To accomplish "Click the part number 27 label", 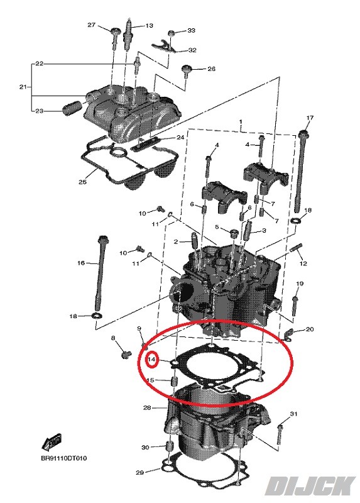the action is point(91,25).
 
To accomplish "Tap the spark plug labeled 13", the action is point(128,35).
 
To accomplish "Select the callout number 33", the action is point(191,30).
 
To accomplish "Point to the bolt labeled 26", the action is point(186,72).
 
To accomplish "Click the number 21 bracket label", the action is point(23,87).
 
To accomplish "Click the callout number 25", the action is point(83,182).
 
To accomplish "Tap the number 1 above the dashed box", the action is point(241,123).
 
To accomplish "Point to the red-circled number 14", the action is point(151,360).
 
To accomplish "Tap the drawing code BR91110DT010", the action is point(63,458).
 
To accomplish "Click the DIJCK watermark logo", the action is point(310,487).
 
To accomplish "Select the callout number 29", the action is point(139,472).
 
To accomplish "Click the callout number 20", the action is point(309,329).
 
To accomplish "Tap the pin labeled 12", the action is point(295,248).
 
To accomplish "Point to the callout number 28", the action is point(147,407).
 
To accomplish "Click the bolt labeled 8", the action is point(125,354).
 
